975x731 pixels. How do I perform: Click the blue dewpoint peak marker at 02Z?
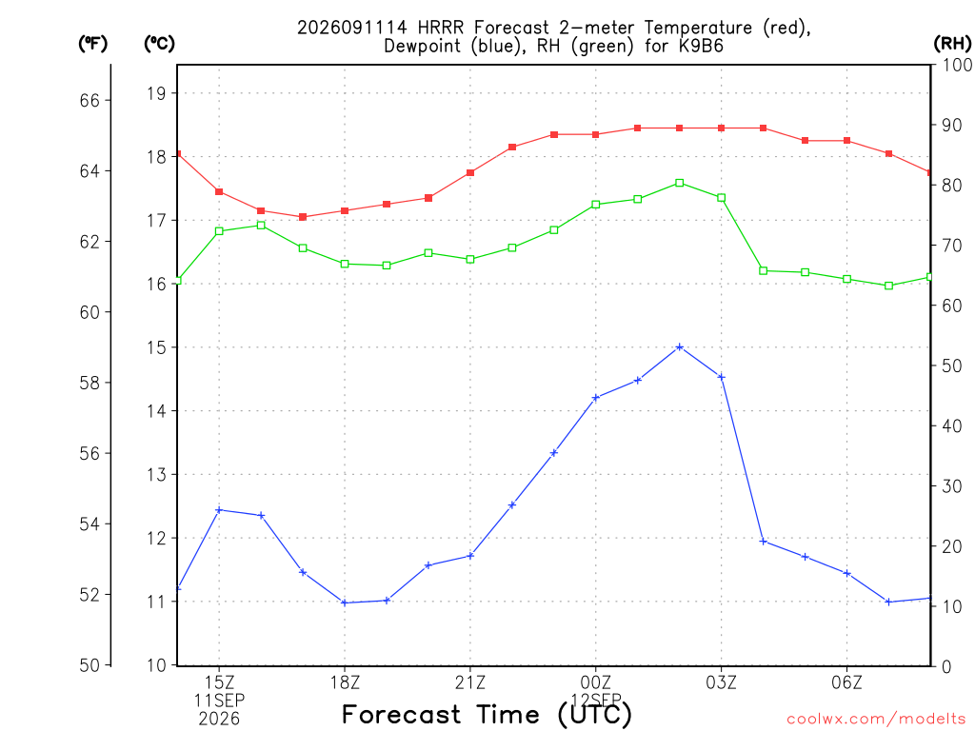click(x=680, y=346)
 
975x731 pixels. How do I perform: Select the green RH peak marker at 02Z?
click(x=680, y=183)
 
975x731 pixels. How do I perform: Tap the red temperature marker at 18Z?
click(x=345, y=210)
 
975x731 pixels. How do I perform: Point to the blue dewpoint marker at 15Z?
click(x=219, y=510)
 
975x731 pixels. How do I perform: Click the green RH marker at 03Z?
click(x=722, y=198)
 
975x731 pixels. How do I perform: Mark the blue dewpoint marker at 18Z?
click(x=345, y=603)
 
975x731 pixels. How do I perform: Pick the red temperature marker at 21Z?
click(x=470, y=172)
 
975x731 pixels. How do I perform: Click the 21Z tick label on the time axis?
click(x=470, y=682)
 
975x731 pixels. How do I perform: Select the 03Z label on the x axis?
click(x=722, y=682)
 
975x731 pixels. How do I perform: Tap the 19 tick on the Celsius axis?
click(x=157, y=94)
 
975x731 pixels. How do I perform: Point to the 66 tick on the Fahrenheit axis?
click(x=90, y=101)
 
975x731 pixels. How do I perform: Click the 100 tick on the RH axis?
click(x=957, y=65)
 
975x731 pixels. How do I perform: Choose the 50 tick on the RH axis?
click(x=951, y=365)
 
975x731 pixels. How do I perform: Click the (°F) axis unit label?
click(x=92, y=44)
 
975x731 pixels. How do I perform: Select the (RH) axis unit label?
click(x=952, y=44)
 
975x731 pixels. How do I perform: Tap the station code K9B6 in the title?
click(x=701, y=46)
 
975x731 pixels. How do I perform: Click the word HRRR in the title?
click(x=440, y=28)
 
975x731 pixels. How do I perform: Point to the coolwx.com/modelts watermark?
click(x=876, y=719)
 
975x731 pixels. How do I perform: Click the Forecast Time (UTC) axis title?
click(x=487, y=714)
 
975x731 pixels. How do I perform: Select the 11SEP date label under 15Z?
click(x=219, y=701)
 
